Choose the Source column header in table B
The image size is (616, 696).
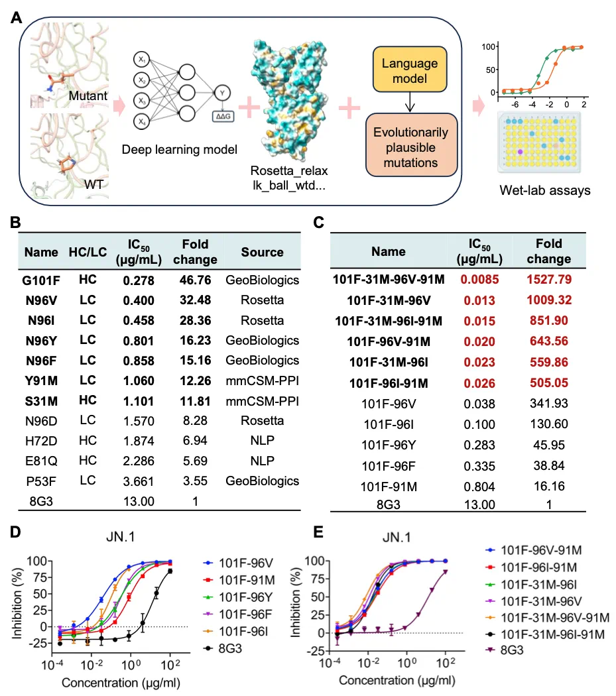click(x=262, y=252)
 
